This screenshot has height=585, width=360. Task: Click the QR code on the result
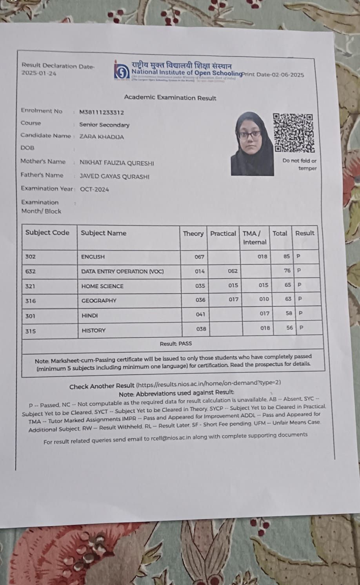point(294,133)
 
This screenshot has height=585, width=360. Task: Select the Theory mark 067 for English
point(199,257)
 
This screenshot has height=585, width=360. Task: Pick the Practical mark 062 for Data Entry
point(233,271)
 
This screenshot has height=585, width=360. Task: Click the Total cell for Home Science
point(288,285)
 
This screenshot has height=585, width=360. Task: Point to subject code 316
point(30,301)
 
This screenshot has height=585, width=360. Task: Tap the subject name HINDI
point(89,315)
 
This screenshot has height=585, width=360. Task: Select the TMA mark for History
point(265,328)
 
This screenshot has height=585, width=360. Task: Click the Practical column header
point(223,233)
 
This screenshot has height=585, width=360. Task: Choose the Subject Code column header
point(47,232)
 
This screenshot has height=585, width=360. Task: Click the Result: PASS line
point(176,343)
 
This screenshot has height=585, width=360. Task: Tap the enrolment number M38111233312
point(102,112)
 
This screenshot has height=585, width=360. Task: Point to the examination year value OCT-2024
point(95,189)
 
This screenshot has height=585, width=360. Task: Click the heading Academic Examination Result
point(170,98)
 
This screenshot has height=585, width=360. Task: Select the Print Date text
point(273,75)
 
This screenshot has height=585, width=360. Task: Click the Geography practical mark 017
point(233,299)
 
